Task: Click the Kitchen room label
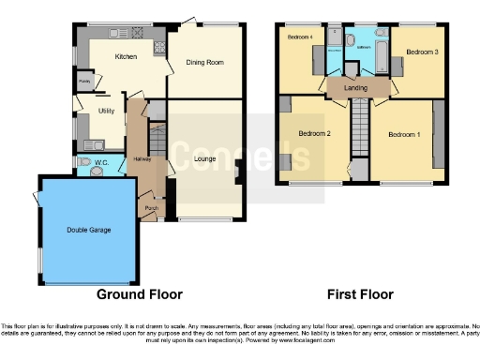pos(126,57)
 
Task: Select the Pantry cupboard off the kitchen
pos(84,82)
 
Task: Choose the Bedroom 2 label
pos(314,134)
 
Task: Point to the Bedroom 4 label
pos(299,37)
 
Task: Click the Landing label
pos(355,88)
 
